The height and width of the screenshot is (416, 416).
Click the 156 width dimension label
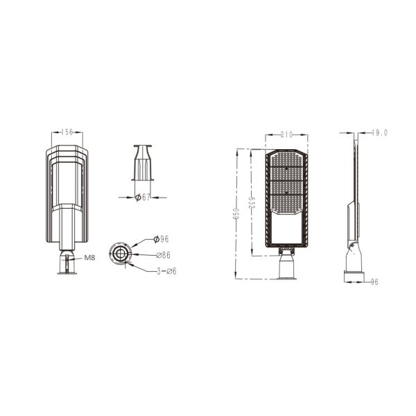pos(67,132)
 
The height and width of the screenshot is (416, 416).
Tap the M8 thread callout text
pos(89,258)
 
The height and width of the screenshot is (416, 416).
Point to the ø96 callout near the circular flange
pos(162,239)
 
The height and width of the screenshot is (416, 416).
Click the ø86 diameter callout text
pos(163,255)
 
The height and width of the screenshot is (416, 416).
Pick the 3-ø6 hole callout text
pos(166,270)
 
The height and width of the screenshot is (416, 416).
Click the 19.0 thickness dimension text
pos(379,132)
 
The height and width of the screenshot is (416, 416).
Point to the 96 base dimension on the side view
pos(373,281)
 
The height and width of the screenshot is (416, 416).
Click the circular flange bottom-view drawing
pos(122,253)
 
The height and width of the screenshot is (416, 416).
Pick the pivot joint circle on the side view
pos(353,244)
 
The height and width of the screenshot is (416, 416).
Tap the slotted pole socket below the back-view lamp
pos(67,262)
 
